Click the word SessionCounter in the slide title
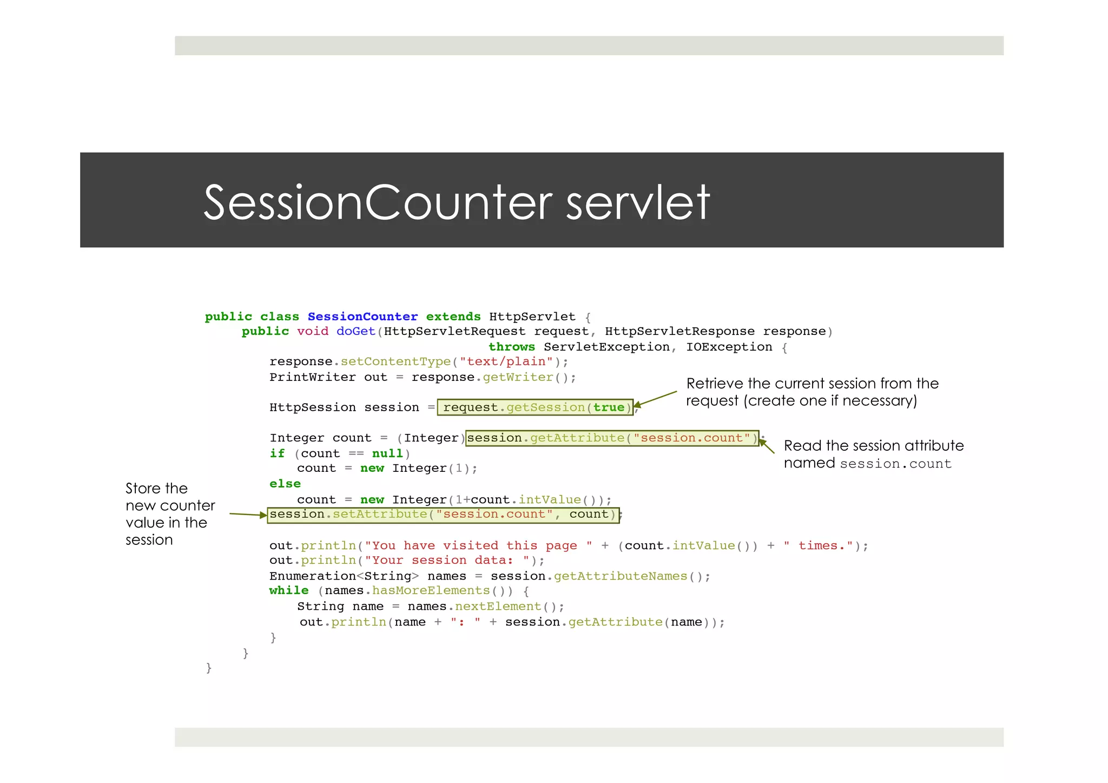[378, 202]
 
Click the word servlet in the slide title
[638, 202]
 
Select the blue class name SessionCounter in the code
[362, 317]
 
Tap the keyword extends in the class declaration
[453, 317]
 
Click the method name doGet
[355, 331]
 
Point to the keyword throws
[511, 347]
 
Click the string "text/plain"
[506, 361]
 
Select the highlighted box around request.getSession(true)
[535, 407]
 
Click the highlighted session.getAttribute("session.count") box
[612, 438]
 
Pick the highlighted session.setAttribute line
[443, 515]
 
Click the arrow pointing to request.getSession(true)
[655, 399]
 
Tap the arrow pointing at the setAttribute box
[248, 514]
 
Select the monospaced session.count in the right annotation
[895, 464]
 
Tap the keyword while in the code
[289, 590]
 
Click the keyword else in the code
[285, 484]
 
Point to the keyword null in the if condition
[387, 453]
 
